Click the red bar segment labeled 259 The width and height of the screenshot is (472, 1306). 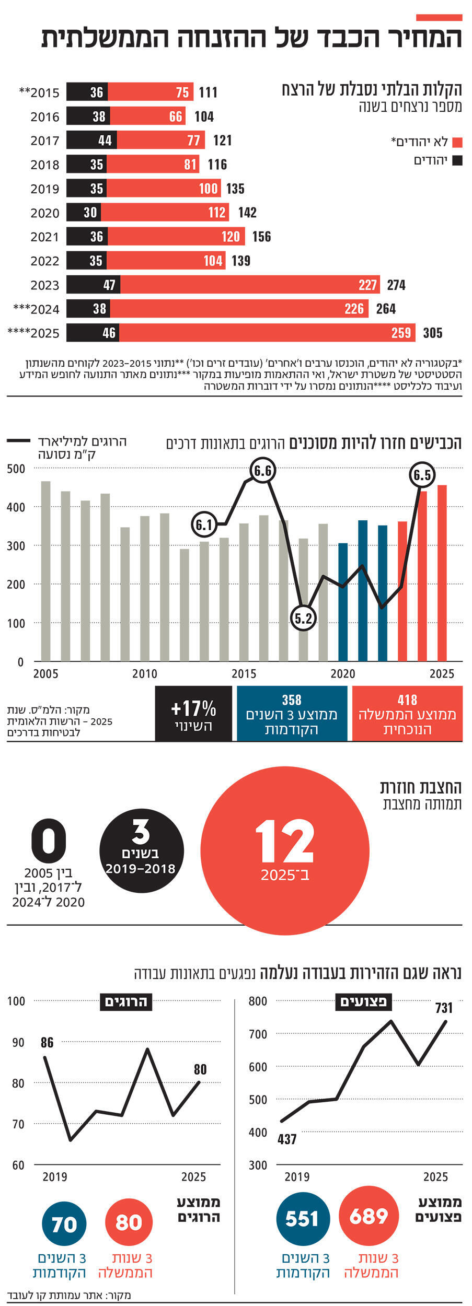267,333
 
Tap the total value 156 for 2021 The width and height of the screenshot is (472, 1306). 261,237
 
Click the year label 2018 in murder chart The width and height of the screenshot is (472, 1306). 45,165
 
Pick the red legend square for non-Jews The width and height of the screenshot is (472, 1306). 457,143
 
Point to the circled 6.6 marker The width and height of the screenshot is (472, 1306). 262,471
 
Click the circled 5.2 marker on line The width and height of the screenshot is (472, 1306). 303,619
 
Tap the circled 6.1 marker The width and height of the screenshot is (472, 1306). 204,524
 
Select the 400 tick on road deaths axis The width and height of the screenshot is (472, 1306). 16,507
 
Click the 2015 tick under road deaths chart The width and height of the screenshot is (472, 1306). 244,674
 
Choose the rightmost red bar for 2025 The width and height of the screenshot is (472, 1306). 442,573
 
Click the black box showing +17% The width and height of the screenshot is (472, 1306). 193,714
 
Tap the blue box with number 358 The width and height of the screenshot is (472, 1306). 292,714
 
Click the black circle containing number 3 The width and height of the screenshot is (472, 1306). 141,850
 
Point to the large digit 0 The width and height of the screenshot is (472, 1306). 49,841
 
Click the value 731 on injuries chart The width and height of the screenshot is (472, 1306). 444,1008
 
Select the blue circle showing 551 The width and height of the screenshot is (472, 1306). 303,1219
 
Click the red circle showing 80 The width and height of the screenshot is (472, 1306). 129,1222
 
